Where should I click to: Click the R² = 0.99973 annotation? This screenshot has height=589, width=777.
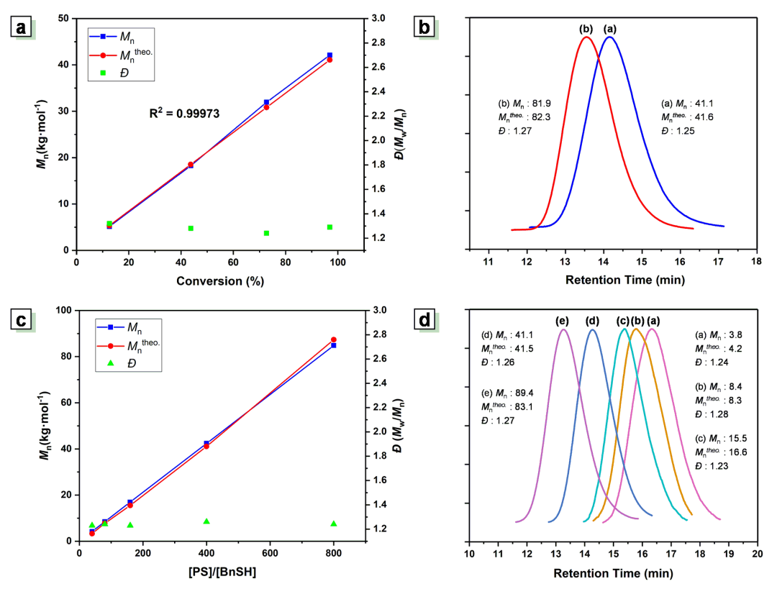183,113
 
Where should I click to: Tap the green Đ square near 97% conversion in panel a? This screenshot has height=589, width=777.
330,227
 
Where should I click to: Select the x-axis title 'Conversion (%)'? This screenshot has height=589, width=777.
219,281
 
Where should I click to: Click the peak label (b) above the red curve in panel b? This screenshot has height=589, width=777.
586,29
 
